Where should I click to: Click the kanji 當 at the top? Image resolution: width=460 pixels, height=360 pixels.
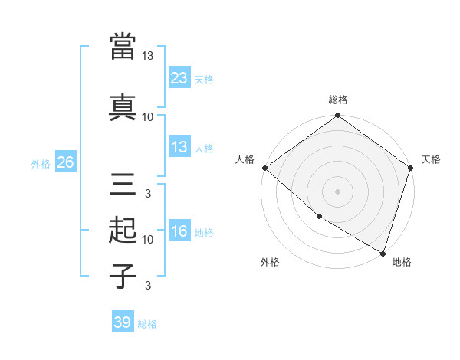click(x=123, y=46)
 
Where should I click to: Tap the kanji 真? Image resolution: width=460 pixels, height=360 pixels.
click(x=123, y=106)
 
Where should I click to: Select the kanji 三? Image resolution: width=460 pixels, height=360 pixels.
click(x=123, y=185)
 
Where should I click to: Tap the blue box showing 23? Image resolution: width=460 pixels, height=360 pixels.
click(x=179, y=78)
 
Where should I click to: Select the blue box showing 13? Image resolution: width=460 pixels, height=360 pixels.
click(x=179, y=147)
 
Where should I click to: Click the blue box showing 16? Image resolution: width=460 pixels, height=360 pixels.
click(x=179, y=231)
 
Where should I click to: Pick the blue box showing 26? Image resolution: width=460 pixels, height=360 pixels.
click(x=66, y=162)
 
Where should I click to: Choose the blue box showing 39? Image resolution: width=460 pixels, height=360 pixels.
click(x=123, y=322)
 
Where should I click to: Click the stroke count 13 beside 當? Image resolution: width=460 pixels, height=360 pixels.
click(x=147, y=56)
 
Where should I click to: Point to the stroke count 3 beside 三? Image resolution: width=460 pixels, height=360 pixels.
click(x=147, y=193)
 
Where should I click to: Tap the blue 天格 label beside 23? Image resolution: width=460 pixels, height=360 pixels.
click(x=204, y=79)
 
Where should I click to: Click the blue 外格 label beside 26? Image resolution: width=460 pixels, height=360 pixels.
click(x=41, y=163)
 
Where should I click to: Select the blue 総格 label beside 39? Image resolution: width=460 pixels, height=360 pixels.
click(x=147, y=323)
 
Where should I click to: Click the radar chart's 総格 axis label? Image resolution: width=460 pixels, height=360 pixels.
click(x=337, y=100)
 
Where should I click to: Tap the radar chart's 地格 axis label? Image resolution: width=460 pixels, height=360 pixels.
click(x=402, y=262)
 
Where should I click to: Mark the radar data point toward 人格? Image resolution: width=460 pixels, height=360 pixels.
click(x=264, y=168)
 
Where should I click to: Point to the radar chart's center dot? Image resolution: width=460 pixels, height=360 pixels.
click(x=337, y=191)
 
